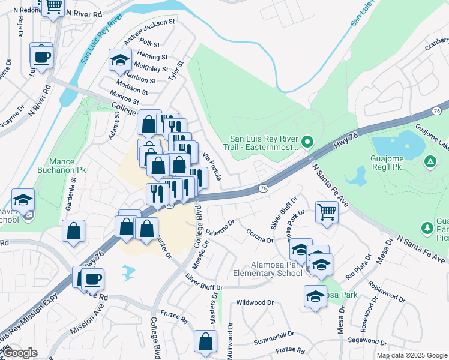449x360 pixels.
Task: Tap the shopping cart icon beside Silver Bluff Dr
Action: point(326,211)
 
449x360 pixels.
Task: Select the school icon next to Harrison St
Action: point(120,60)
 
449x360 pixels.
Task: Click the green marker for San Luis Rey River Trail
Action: point(307,142)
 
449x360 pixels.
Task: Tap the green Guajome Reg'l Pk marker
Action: point(430,161)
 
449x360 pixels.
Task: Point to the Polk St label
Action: point(149,44)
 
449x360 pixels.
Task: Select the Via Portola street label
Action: point(213,166)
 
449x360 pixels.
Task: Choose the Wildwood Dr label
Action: point(256,303)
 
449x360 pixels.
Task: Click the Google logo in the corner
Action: point(20,353)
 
